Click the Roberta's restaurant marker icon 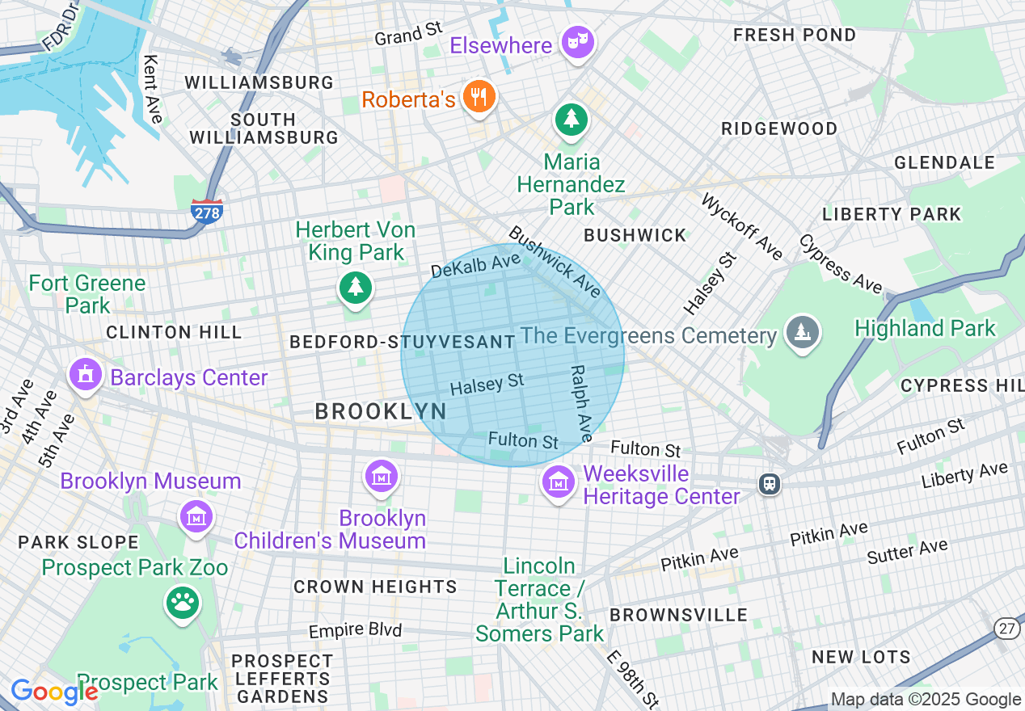[479, 98]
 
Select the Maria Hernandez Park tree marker [572, 120]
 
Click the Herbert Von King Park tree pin [355, 287]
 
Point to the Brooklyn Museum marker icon [196, 515]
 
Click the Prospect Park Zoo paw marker [183, 603]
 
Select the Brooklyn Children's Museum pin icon [381, 476]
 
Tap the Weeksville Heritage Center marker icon [557, 483]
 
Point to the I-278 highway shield [207, 212]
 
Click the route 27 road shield [1006, 629]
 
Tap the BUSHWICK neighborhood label [635, 235]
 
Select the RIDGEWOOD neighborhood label [779, 128]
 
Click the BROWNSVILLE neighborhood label [679, 615]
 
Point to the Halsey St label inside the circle [487, 385]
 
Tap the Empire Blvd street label [355, 629]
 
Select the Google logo [53, 692]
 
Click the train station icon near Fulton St [769, 483]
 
